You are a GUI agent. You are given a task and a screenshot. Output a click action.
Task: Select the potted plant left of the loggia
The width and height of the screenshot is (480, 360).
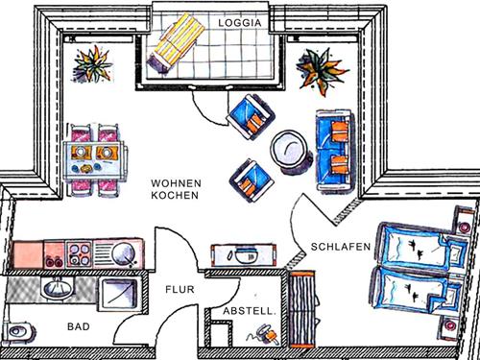pyautogui.click(x=94, y=66)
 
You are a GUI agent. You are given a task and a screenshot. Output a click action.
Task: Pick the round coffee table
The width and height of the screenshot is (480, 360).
pyautogui.click(x=287, y=150)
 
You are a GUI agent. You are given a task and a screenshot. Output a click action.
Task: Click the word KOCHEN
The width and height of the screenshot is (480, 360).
pyautogui.click(x=175, y=195)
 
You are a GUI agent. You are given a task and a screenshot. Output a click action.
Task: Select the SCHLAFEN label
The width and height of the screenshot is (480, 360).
pyautogui.click(x=341, y=247)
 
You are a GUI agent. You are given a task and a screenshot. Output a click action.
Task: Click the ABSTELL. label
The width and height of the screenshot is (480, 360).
pyautogui.click(x=250, y=311)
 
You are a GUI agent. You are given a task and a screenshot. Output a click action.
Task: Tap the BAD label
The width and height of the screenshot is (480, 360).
pyautogui.click(x=78, y=327)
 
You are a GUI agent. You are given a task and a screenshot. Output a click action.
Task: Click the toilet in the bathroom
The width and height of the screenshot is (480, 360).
pyautogui.click(x=17, y=331)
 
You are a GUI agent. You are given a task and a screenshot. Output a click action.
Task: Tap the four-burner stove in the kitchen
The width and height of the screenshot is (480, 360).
pyautogui.click(x=76, y=254)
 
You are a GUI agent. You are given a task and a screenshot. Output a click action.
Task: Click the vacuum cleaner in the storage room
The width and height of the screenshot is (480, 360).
pyautogui.click(x=262, y=335)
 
